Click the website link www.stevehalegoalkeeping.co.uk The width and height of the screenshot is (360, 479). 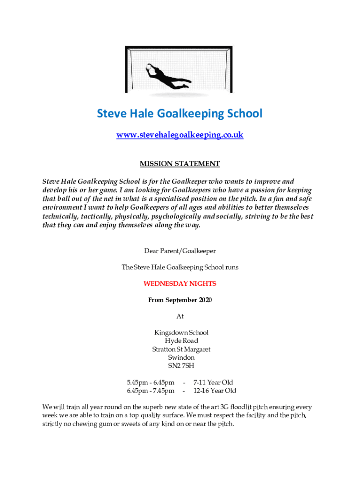pos(180,135)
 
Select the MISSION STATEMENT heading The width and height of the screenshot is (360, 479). pos(180,164)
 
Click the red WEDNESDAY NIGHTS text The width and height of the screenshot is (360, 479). pos(180,283)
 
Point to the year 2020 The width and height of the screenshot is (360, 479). pos(204,300)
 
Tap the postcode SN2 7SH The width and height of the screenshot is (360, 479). pos(181,366)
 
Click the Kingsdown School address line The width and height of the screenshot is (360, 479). pos(181,333)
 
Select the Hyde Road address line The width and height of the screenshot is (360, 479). pos(181,341)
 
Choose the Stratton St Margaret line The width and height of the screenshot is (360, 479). pos(181,349)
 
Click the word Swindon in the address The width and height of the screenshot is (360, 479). pos(181,358)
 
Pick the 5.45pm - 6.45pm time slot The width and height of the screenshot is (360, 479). pos(151,383)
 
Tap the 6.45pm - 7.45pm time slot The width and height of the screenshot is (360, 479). pos(151,391)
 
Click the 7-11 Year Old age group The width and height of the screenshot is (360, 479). pos(214,383)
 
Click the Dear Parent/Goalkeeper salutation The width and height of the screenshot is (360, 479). pos(180,251)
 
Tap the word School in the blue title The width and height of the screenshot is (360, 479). pos(240,114)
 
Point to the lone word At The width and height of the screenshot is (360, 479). pos(180,317)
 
